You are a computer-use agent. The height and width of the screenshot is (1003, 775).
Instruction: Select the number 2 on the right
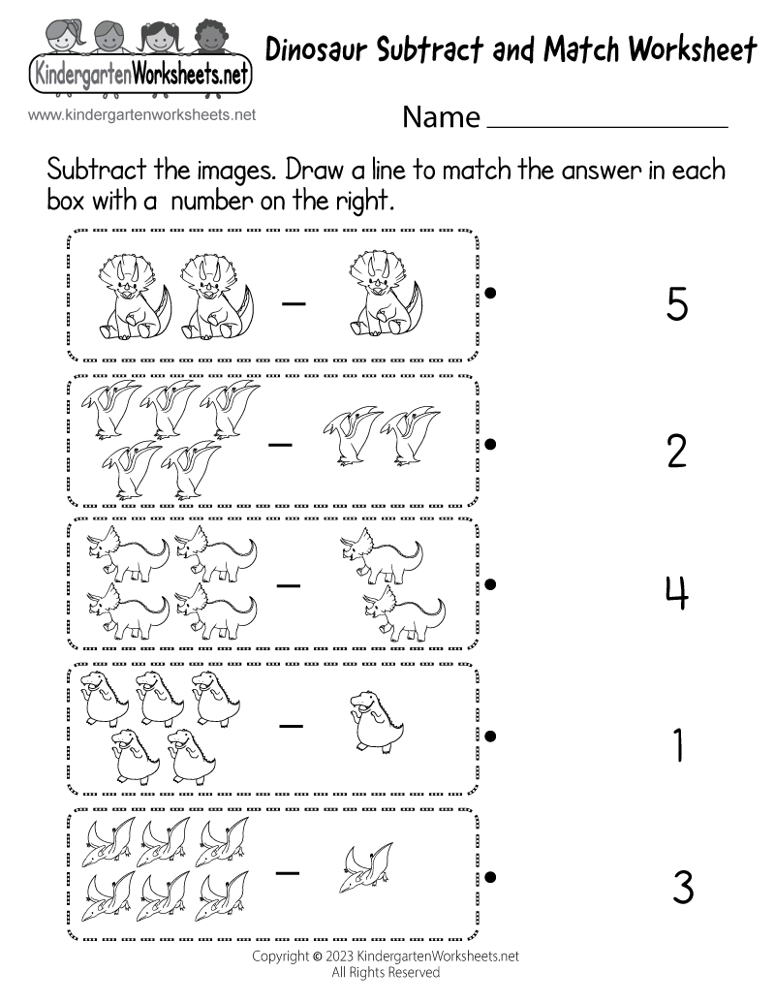coord(677,451)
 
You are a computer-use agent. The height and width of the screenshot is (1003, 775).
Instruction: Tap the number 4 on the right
coord(677,594)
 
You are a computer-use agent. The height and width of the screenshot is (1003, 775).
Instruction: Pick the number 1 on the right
coord(678,745)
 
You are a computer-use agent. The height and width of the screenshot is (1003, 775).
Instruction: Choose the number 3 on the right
coord(682,888)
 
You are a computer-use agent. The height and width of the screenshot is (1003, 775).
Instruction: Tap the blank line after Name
coord(606,124)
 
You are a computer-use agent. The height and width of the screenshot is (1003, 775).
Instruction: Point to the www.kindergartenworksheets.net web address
coord(142,114)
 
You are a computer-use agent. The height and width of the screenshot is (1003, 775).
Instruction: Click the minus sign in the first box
coord(294,303)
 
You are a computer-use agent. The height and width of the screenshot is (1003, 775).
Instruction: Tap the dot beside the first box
coord(491,291)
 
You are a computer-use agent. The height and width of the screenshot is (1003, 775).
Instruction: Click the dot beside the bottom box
coord(491,878)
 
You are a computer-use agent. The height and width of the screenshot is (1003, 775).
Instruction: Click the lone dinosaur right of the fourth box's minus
coord(374,721)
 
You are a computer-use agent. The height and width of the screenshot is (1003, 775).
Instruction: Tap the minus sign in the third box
coord(288,586)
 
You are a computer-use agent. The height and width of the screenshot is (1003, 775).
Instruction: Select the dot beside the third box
coord(491,583)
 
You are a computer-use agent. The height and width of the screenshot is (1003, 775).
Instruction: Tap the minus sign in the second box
coord(281,445)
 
